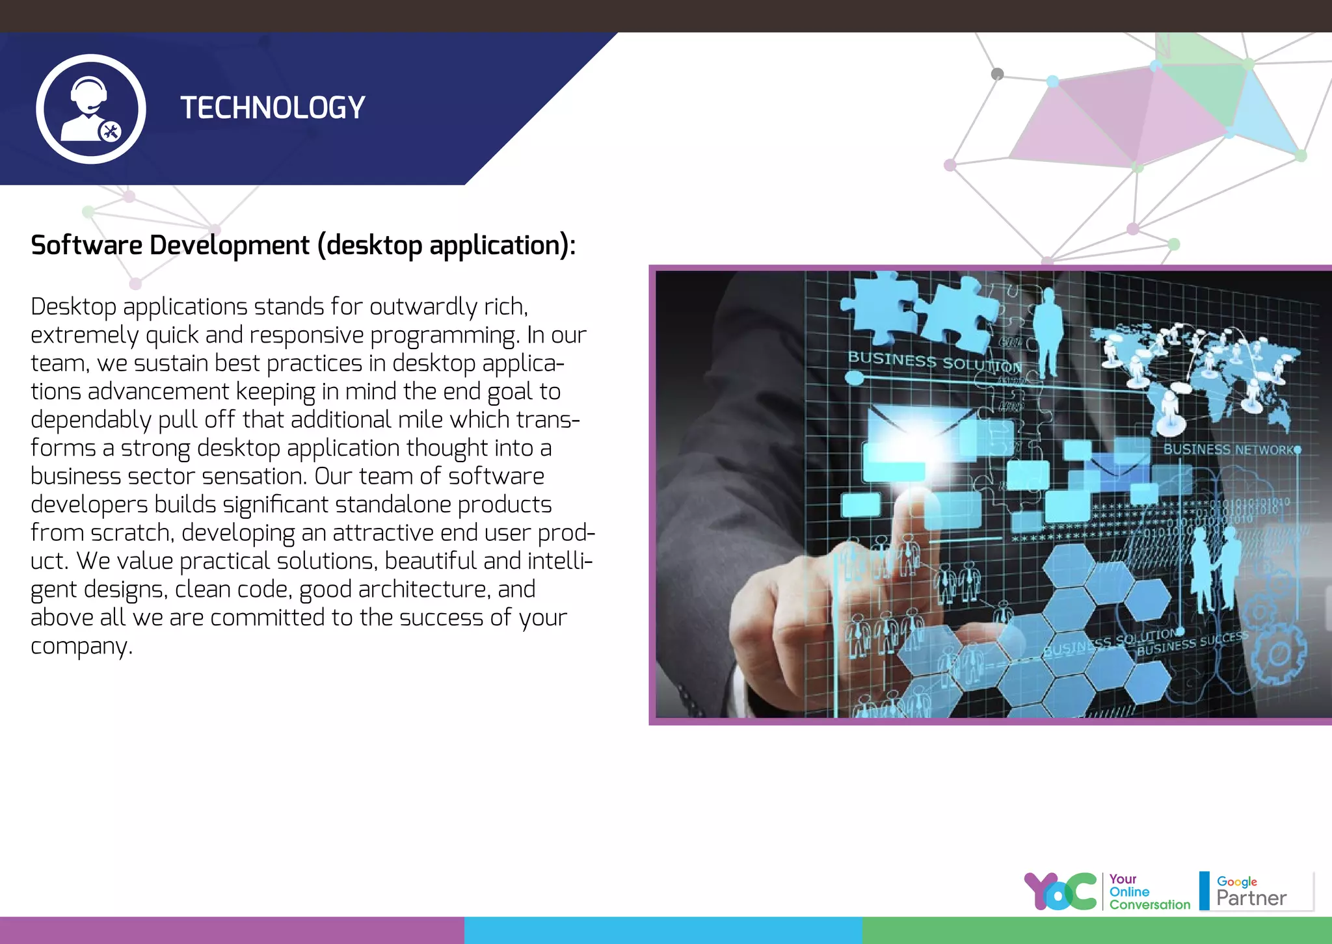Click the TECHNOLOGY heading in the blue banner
273,108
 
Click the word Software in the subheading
87,246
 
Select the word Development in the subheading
230,246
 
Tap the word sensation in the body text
254,477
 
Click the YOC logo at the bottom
1060,892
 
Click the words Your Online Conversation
1149,892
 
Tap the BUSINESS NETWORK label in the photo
1228,449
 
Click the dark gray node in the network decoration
997,74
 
